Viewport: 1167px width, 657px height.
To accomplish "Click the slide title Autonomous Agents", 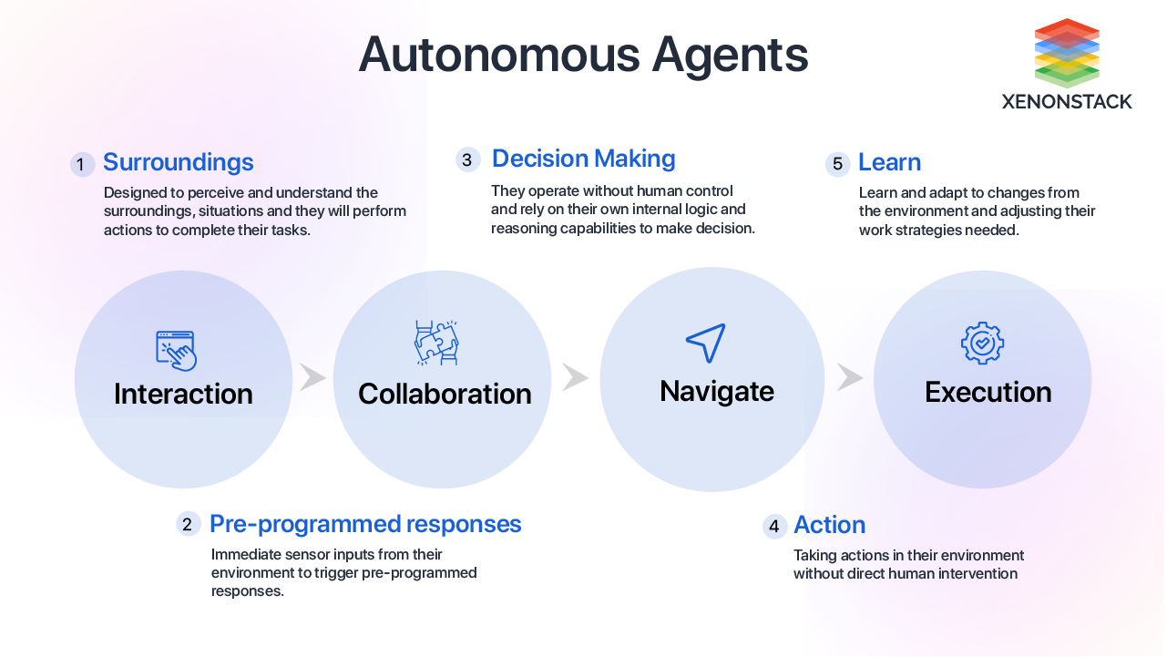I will pos(583,56).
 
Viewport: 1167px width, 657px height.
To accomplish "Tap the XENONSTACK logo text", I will pos(1067,102).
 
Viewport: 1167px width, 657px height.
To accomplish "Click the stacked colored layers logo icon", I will pos(1067,53).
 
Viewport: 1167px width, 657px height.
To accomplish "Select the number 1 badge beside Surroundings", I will pos(82,165).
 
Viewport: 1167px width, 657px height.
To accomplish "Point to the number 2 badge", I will pos(188,524).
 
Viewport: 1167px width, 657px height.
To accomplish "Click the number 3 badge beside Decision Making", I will pos(467,160).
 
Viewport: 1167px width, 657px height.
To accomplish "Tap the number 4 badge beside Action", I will pos(774,527).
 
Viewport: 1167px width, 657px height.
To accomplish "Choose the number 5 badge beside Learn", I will pos(837,164).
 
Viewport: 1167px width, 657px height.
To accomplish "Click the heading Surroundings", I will pos(178,162).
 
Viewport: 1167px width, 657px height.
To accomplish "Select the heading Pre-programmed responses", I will pos(365,524).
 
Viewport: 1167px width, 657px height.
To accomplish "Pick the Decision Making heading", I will pos(583,159).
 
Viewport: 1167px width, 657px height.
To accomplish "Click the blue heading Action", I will pos(829,525).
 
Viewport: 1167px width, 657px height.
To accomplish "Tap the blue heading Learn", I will pos(889,162).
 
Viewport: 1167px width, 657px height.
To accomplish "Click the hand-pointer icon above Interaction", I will pos(177,350).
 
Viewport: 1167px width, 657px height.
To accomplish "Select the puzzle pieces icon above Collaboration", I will pos(436,343).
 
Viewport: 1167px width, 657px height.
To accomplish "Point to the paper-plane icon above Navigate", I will pos(706,342).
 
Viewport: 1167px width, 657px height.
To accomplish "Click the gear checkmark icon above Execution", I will pos(982,343).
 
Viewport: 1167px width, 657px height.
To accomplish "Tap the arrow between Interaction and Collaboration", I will pos(312,377).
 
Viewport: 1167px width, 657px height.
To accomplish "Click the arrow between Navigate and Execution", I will pos(849,377).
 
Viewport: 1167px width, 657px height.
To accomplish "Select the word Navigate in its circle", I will pos(716,391).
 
